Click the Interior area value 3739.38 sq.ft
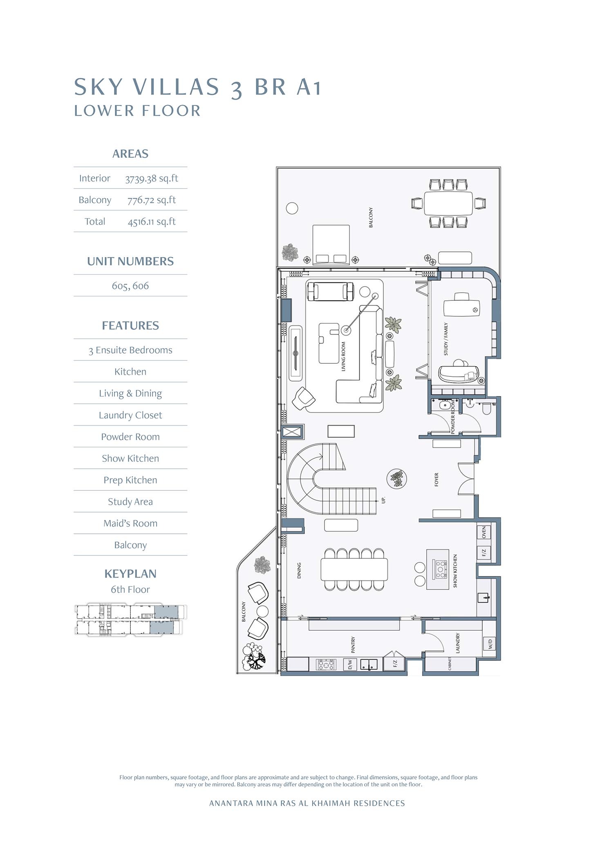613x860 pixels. (x=151, y=178)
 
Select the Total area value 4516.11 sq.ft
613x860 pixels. (x=151, y=222)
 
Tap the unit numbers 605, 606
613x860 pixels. (x=130, y=286)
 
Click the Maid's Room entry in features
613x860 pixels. (x=130, y=523)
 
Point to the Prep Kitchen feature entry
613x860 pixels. (x=130, y=480)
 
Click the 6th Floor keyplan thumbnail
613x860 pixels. (x=130, y=620)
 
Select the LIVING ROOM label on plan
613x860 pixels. (x=343, y=356)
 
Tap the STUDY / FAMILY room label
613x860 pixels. (x=446, y=339)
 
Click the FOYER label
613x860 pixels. (x=436, y=479)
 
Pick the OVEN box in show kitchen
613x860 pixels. (x=484, y=532)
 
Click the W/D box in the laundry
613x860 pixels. (x=490, y=644)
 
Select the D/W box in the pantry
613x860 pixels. (x=350, y=665)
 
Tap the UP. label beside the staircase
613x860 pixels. (x=383, y=499)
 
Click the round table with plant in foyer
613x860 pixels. (x=397, y=479)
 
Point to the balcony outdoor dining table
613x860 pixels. (x=448, y=203)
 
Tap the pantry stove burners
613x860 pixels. (x=327, y=665)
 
